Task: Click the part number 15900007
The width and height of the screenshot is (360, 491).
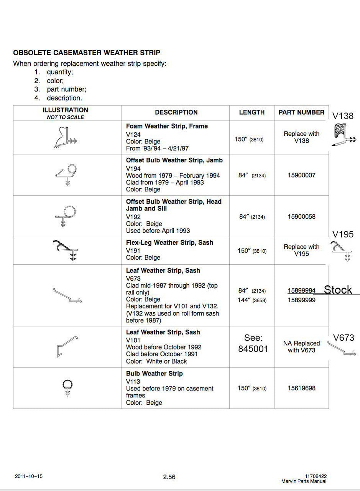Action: pyautogui.click(x=301, y=175)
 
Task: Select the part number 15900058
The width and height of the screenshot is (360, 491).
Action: pyautogui.click(x=301, y=217)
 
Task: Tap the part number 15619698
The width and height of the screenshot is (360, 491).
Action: pyautogui.click(x=301, y=388)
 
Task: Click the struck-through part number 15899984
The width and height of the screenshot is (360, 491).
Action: pyautogui.click(x=301, y=291)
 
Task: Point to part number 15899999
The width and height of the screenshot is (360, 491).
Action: pyautogui.click(x=301, y=300)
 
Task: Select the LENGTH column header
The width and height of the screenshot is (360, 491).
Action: pyautogui.click(x=252, y=112)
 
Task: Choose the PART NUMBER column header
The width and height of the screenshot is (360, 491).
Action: pyautogui.click(x=301, y=112)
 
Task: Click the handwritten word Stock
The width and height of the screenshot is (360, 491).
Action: pyautogui.click(x=338, y=290)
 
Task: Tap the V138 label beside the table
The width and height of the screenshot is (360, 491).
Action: pyautogui.click(x=343, y=116)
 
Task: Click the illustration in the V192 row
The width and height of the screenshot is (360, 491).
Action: pyautogui.click(x=67, y=216)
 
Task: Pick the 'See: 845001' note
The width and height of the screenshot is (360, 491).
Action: pyautogui.click(x=253, y=343)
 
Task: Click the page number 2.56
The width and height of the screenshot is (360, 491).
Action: pyautogui.click(x=169, y=477)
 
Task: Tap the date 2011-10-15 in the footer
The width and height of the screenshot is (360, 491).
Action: pyautogui.click(x=29, y=476)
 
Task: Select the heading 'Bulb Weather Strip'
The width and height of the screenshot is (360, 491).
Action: pyautogui.click(x=154, y=374)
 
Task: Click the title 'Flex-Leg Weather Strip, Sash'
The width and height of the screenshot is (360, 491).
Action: pyautogui.click(x=169, y=243)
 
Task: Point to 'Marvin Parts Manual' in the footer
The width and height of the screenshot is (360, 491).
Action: pyautogui.click(x=304, y=481)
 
